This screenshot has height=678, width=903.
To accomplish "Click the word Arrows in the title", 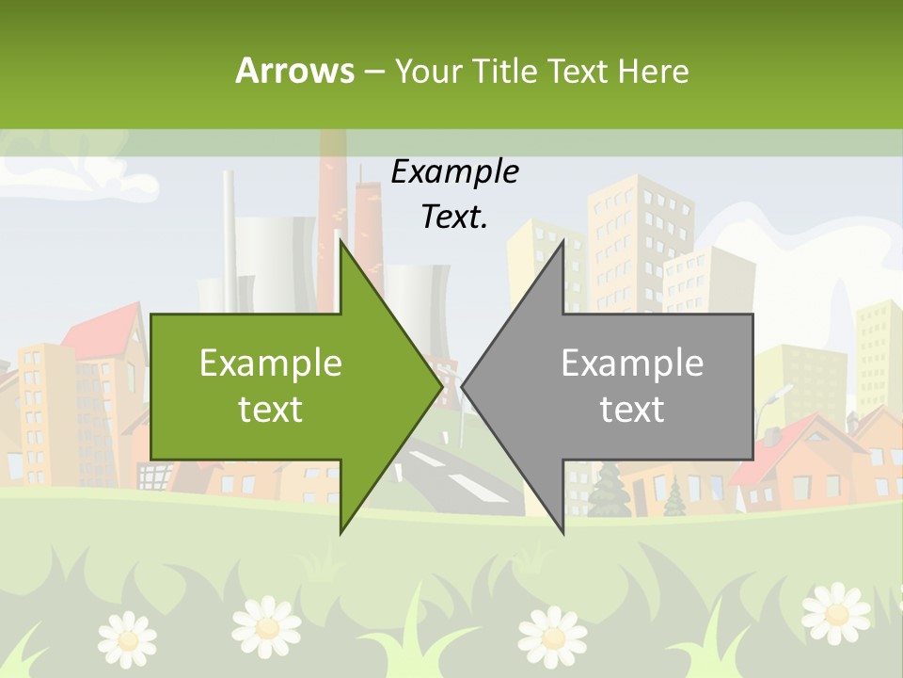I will pos(294,71).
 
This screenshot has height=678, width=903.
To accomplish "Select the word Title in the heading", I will pos(506,71).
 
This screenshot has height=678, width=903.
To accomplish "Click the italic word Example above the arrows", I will pos(454,171).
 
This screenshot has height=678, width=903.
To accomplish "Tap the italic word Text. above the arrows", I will pos(454,217).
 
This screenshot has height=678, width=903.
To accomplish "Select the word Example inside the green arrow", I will pos(271,363).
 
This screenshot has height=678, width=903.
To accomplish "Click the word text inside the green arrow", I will pos(271,409).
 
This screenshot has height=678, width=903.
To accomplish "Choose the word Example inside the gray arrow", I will pos(632,363).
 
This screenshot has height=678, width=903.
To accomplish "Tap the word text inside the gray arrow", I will pos(632,409).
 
